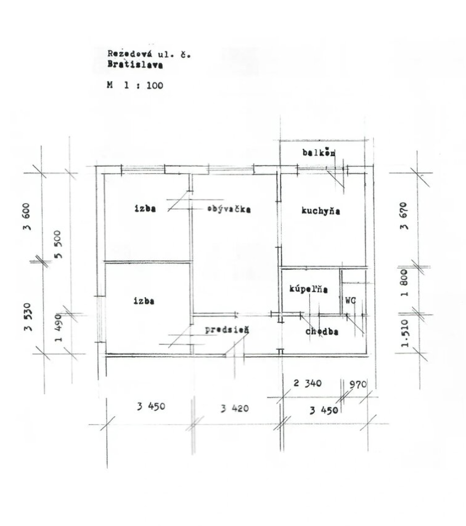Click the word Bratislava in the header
coord(135,65)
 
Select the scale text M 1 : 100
coord(135,85)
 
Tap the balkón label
coord(319,153)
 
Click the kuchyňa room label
coord(321,211)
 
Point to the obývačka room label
coord(229,209)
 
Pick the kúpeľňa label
coord(309,289)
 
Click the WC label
coord(351,300)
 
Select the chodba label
coord(321,331)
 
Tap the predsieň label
coord(227,330)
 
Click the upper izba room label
coord(145,208)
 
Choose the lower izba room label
coord(144,300)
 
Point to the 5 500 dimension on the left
coord(58,244)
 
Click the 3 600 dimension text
coord(27,216)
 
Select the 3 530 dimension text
coord(28,317)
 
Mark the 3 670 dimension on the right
coord(404,216)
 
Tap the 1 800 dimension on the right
coord(404,282)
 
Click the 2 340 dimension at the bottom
coord(308,383)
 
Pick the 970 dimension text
coord(358,384)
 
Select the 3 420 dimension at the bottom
coord(235,408)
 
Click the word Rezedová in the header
coord(129,53)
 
